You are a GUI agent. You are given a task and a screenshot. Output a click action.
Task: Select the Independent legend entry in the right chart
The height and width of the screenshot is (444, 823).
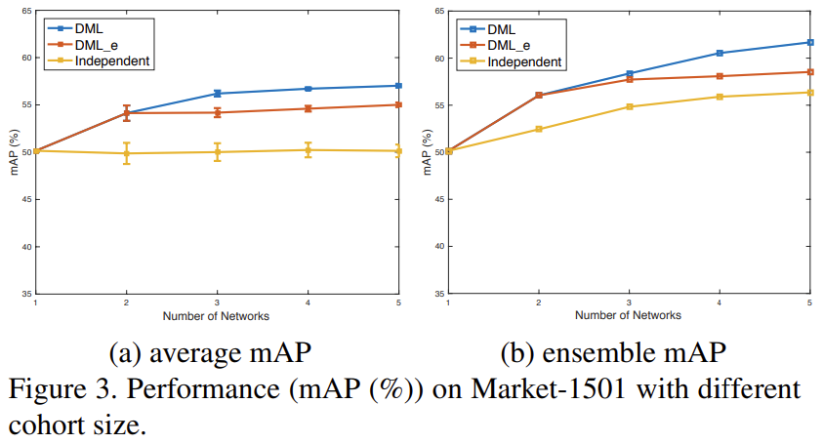point(524,61)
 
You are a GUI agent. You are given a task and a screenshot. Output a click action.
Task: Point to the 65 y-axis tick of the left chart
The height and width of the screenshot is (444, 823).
point(25,11)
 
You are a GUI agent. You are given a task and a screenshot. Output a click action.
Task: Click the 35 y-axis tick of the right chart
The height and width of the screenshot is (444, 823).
point(439,294)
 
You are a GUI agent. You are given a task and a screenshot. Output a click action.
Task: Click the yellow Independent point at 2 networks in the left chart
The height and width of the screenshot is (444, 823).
point(126,153)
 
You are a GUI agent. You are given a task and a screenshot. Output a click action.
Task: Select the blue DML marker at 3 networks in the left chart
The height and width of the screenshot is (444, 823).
point(217,94)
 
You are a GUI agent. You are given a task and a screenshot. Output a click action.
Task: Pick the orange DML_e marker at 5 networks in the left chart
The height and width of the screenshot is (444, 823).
point(398,104)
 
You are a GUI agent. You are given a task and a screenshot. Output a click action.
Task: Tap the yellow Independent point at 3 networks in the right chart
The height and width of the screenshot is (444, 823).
point(630,106)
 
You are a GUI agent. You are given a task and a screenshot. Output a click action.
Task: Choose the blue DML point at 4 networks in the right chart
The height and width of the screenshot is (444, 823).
point(720,53)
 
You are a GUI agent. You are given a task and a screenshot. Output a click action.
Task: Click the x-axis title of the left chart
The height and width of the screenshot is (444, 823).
point(217,315)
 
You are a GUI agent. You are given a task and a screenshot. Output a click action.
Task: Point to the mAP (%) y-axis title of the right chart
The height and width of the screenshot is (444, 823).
point(428,152)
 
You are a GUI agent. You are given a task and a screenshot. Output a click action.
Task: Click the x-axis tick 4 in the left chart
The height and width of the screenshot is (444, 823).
point(308,303)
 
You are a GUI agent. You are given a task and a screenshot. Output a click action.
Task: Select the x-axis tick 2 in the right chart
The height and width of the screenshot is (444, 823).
point(539,303)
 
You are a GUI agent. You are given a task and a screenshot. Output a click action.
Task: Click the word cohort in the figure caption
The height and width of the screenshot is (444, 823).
point(51,426)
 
